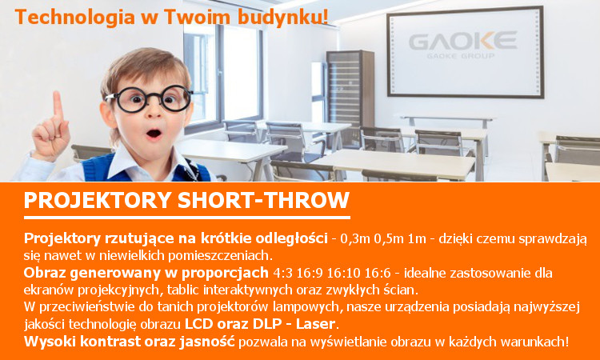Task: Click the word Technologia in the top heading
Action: click(74, 18)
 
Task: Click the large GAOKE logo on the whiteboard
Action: click(462, 41)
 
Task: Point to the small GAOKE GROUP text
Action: click(460, 56)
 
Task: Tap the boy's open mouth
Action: click(154, 134)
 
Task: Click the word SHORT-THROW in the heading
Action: click(263, 200)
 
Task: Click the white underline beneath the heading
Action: click(187, 218)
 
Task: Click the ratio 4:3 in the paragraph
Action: click(282, 273)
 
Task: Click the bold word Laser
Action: click(315, 324)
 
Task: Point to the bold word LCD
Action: click(199, 324)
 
